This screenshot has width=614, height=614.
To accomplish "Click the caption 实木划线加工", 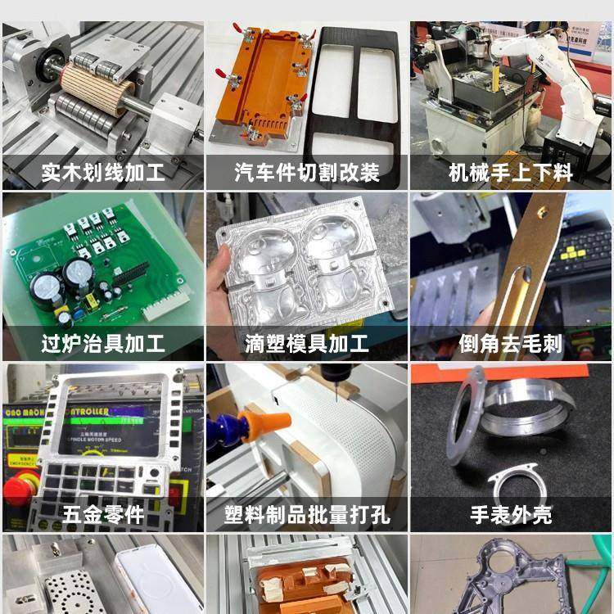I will [x=102, y=174].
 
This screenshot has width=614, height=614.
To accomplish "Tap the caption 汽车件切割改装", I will [x=307, y=174].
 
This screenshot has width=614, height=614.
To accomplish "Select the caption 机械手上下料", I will [x=511, y=174].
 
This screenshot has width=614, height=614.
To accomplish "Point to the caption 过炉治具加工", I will [x=102, y=344].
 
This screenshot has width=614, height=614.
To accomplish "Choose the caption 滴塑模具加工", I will [x=307, y=344].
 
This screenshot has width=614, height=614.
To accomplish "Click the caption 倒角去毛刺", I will [x=511, y=344].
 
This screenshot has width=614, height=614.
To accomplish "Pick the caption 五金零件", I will [x=102, y=515].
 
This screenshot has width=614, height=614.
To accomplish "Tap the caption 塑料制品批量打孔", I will [x=307, y=515].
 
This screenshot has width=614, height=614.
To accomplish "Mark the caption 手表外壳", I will [x=511, y=515].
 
